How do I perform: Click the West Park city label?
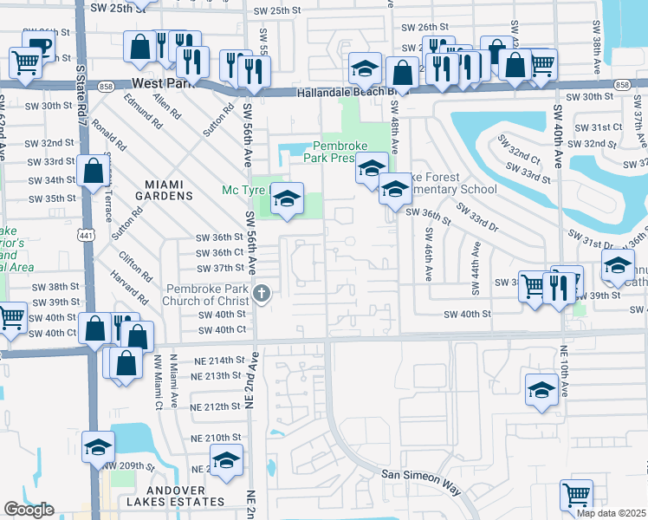click(x=164, y=84)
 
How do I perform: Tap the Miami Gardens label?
click(x=169, y=190)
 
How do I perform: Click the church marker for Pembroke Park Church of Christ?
click(x=259, y=293)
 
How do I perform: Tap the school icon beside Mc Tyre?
click(x=287, y=200)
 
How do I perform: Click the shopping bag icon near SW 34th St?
click(x=93, y=172)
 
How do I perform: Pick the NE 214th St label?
click(x=216, y=360)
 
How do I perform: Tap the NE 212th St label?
click(x=216, y=406)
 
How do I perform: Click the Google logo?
click(x=29, y=510)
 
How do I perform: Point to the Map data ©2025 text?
click(x=612, y=513)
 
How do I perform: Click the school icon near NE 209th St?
click(x=99, y=447)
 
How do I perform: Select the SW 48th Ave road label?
click(x=395, y=121)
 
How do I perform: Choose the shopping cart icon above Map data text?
click(x=576, y=496)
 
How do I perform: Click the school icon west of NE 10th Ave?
click(x=541, y=390)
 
